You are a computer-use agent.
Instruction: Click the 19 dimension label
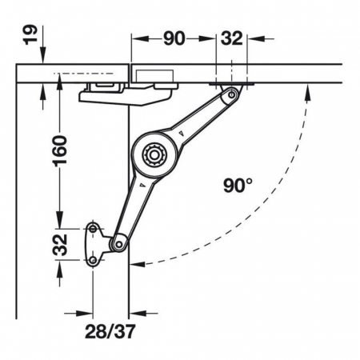[x=30, y=35]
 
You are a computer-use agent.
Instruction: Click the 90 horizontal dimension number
[x=174, y=38]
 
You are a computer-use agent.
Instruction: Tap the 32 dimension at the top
[x=231, y=38]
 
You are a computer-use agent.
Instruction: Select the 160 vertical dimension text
[x=60, y=151]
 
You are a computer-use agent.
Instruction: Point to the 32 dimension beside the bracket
[x=60, y=245]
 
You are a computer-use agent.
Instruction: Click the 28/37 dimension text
[x=110, y=331]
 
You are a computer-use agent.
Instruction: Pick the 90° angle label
[x=238, y=186]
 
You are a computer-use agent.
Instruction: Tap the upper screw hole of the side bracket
[x=93, y=229]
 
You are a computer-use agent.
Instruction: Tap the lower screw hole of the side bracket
[x=93, y=260]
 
